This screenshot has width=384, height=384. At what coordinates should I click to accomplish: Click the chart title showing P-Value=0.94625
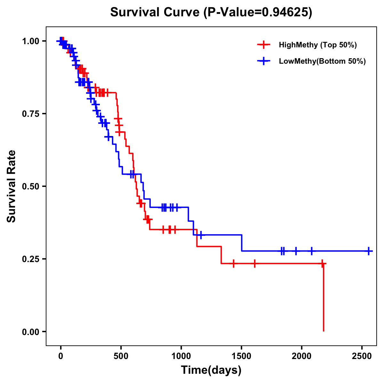pyautogui.click(x=211, y=12)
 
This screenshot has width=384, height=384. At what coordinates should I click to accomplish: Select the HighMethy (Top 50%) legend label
pyautogui.click(x=318, y=45)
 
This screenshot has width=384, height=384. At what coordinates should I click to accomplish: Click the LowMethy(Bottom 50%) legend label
pyautogui.click(x=322, y=61)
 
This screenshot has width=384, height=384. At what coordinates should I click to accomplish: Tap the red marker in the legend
pyautogui.click(x=264, y=45)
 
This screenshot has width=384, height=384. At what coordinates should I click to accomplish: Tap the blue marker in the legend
pyautogui.click(x=264, y=61)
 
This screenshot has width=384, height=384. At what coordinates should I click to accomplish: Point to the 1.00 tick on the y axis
pyautogui.click(x=30, y=41)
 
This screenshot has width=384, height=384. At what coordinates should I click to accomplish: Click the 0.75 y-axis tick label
pyautogui.click(x=30, y=114)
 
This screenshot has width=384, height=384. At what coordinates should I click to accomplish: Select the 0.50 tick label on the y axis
pyautogui.click(x=30, y=187)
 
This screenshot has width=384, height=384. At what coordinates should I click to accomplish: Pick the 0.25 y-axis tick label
pyautogui.click(x=30, y=259)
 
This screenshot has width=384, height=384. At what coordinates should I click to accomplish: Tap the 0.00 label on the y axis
pyautogui.click(x=30, y=332)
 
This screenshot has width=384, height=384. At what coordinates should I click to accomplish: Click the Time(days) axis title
pyautogui.click(x=211, y=370)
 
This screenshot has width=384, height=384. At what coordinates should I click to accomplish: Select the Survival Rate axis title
pyautogui.click(x=12, y=186)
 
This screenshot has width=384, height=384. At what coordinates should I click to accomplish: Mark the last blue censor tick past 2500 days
pyautogui.click(x=369, y=251)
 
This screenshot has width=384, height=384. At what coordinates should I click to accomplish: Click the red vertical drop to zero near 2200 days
pyautogui.click(x=324, y=298)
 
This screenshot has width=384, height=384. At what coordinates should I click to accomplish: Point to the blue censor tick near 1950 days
pyautogui.click(x=296, y=251)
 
